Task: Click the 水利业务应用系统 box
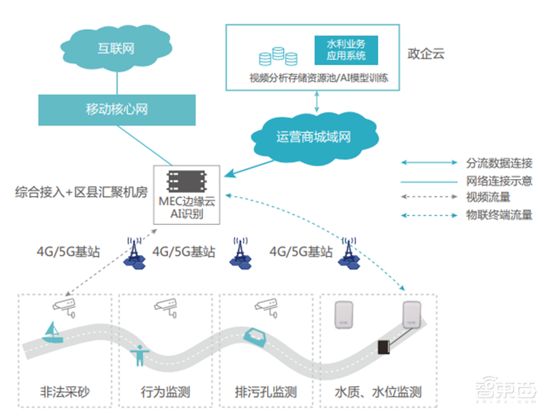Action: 347,50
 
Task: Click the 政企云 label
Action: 425,53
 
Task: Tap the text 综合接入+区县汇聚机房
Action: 81,193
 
